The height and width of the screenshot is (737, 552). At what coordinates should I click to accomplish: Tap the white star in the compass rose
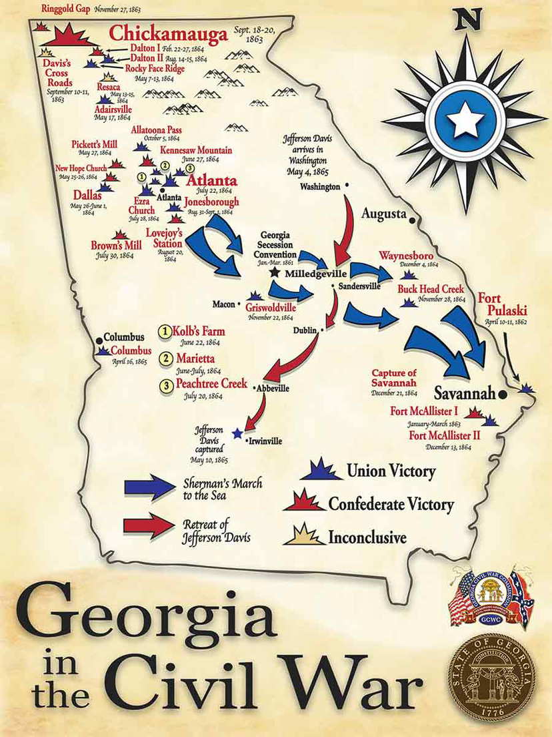(465, 121)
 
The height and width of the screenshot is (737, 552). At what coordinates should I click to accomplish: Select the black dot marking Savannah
(502, 395)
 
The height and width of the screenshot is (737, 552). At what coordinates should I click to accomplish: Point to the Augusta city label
(384, 214)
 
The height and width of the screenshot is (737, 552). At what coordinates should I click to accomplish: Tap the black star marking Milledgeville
(274, 272)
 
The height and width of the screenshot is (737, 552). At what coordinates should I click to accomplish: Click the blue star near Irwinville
(237, 433)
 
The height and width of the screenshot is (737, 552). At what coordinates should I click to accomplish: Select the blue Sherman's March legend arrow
(149, 487)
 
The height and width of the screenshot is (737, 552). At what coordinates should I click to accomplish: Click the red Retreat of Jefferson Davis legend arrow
(149, 525)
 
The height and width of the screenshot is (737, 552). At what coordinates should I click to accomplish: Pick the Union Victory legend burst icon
(321, 471)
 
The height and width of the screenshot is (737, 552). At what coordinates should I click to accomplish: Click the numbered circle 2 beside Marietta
(164, 358)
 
